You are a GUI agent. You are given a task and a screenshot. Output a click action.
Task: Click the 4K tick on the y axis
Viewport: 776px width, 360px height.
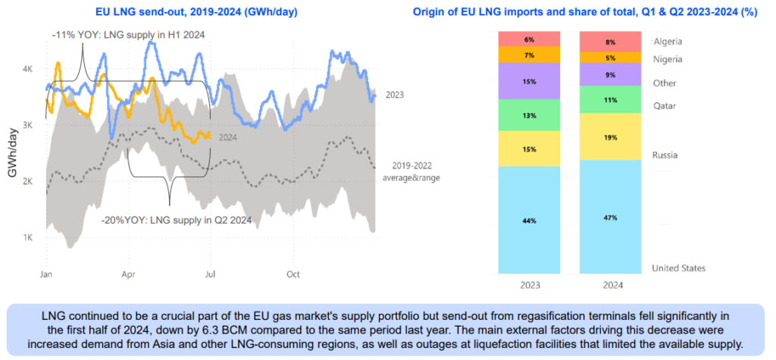(x=27, y=69)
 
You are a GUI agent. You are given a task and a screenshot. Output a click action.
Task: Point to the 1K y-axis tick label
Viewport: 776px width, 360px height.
(x=27, y=238)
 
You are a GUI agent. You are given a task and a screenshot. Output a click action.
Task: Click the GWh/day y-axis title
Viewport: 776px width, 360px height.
(x=13, y=152)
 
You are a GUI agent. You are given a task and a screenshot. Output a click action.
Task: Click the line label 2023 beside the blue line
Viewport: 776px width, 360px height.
(x=394, y=95)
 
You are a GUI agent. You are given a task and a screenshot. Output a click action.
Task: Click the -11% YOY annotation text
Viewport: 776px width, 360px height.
(x=129, y=36)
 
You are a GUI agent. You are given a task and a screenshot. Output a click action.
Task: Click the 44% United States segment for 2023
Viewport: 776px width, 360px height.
(x=528, y=221)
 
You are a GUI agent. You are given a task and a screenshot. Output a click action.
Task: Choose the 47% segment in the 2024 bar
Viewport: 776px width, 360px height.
(x=610, y=218)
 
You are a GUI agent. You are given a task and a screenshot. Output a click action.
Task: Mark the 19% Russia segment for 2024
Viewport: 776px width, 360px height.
(x=610, y=138)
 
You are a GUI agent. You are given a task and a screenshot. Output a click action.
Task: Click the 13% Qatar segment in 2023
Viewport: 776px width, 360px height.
(x=528, y=115)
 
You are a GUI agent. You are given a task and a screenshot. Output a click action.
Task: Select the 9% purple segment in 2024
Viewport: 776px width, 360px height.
(x=610, y=75)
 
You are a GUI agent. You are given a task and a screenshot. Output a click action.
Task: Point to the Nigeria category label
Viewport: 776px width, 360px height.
(x=668, y=59)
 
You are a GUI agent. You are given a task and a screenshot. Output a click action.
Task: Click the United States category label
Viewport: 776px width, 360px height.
(x=679, y=268)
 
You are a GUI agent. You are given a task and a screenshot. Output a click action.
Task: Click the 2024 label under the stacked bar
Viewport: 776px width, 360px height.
(x=610, y=286)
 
